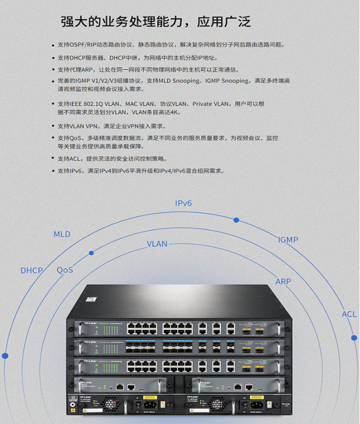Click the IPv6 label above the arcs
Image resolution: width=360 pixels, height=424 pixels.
(183, 203)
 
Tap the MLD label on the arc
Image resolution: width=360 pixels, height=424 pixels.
(62, 234)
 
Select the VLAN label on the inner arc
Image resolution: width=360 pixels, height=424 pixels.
(157, 244)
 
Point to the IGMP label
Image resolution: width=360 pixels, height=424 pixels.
(288, 240)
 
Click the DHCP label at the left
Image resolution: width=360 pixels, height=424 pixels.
(32, 270)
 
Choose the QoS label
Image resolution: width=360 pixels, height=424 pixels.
(65, 270)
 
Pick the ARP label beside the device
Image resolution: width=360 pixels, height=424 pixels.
(283, 281)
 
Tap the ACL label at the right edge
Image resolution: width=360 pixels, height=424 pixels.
(349, 314)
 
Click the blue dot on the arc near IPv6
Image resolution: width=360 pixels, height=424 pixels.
(236, 220)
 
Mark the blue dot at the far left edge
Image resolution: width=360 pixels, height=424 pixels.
(5, 356)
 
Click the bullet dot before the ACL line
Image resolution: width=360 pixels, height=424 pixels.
(53, 159)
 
